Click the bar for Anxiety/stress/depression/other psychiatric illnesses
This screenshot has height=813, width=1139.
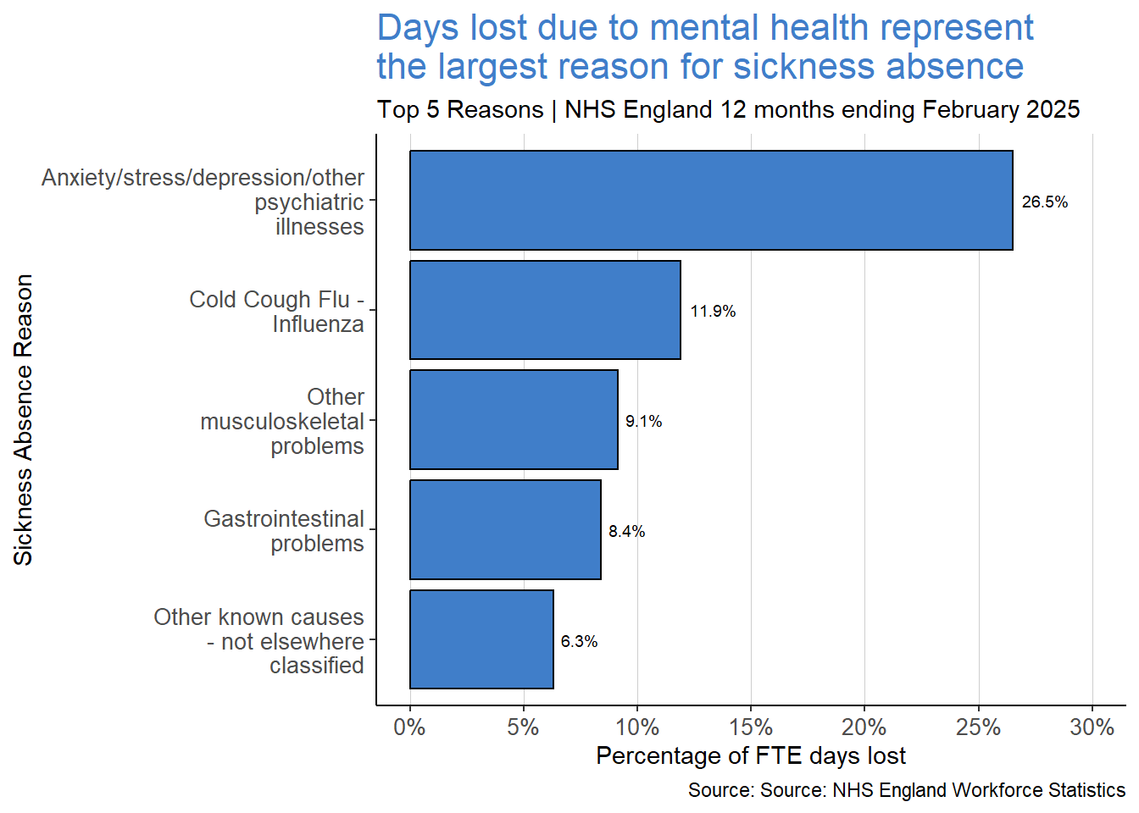click(x=711, y=201)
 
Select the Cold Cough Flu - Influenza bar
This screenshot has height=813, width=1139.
click(x=545, y=310)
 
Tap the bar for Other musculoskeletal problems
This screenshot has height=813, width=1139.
click(x=514, y=420)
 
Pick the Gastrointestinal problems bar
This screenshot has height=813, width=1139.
click(x=505, y=530)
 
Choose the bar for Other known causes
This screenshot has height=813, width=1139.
click(x=481, y=640)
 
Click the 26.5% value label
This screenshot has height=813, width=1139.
click(x=1044, y=202)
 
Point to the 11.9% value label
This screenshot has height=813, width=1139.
click(x=712, y=312)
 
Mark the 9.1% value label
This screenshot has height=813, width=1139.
click(x=643, y=422)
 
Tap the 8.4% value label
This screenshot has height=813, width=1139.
click(x=626, y=532)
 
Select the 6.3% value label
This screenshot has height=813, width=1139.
click(x=579, y=642)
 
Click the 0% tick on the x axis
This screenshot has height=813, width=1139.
click(x=409, y=727)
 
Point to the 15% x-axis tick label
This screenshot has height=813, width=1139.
click(x=751, y=727)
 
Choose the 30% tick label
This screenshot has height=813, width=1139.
click(x=1092, y=727)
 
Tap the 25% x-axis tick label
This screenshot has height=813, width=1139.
click(x=978, y=727)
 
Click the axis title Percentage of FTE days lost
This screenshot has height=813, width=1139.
click(x=751, y=756)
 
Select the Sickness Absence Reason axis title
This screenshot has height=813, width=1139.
click(x=24, y=420)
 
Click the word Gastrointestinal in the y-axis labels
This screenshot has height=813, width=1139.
click(x=284, y=519)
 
